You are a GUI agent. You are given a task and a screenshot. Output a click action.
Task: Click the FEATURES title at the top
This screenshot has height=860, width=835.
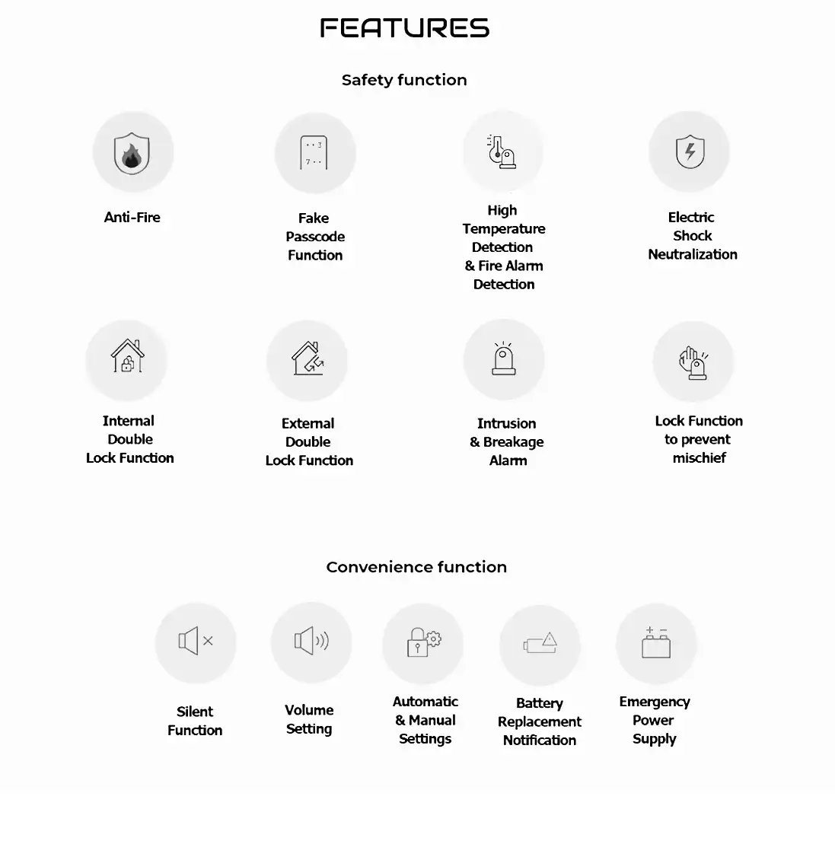pos(404,29)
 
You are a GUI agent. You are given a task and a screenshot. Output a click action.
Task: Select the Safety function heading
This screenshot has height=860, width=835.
pos(404,80)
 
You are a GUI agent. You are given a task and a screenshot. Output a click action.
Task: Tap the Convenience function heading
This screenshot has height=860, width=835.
pos(416,567)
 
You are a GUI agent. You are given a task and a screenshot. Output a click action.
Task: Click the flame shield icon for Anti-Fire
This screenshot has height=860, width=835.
pos(132,153)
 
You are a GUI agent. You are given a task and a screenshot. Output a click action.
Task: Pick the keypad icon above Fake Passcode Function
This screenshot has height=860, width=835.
pos(314,153)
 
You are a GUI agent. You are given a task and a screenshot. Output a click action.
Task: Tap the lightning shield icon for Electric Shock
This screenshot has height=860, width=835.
pos(690,151)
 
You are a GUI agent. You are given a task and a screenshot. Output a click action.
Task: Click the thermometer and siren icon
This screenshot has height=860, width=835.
pos(502,151)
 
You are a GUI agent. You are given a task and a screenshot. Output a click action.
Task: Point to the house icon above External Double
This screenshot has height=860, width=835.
pos(308,358)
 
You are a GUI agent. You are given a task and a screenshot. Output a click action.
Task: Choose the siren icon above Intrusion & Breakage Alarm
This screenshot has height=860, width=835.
pos(504,358)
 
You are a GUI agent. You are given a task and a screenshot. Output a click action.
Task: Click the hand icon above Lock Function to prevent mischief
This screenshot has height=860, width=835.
pos(693,362)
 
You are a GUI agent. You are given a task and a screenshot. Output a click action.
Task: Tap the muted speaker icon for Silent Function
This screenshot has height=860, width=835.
pos(196,642)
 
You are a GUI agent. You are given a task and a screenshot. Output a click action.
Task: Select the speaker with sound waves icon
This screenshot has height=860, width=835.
pos(311,641)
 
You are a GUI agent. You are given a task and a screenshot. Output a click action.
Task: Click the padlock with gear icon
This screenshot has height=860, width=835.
pos(423,642)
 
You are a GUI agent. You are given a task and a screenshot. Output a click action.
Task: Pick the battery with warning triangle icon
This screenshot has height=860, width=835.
pos(540,644)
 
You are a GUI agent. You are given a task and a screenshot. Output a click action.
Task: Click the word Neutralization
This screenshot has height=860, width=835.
pos(693,254)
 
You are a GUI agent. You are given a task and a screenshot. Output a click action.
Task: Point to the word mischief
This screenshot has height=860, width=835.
pos(699,457)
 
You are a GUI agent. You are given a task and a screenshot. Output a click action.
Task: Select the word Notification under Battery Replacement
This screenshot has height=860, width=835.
pos(540,740)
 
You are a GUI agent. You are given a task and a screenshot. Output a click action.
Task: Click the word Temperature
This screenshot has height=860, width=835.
pos(504,228)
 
